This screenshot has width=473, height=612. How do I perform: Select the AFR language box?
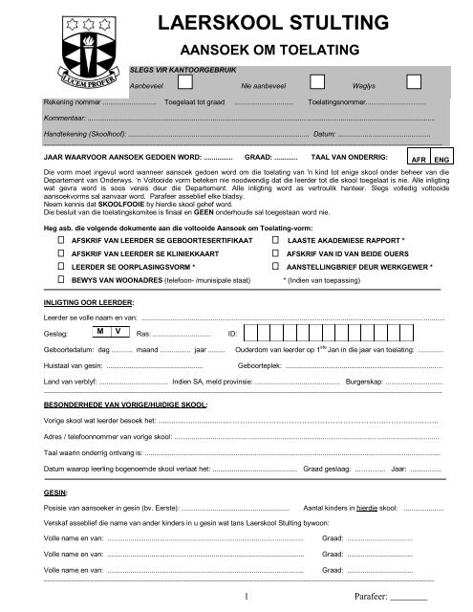[x=417, y=160]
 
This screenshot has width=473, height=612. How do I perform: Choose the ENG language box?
[x=441, y=160]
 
